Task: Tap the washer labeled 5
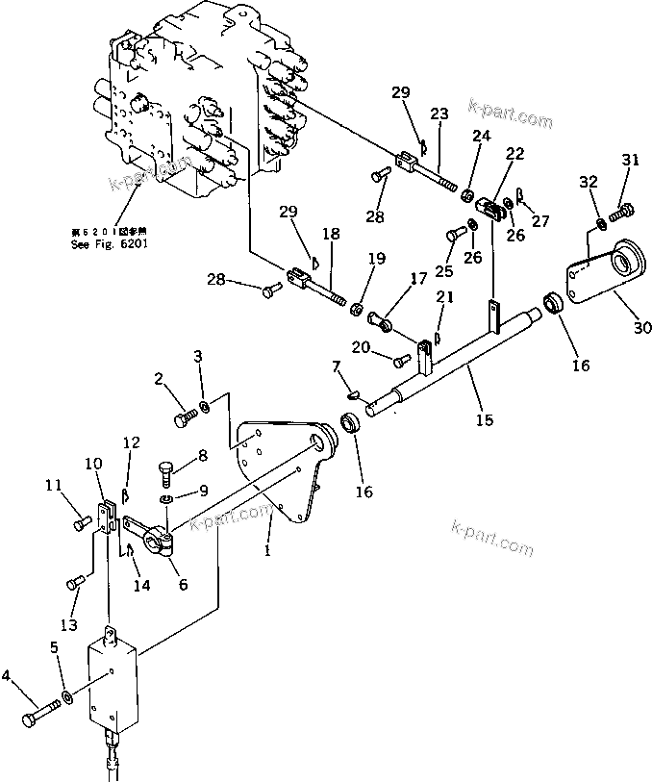click(x=64, y=695)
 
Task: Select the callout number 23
click(x=439, y=114)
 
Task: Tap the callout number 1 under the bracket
click(x=268, y=550)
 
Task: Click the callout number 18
click(x=330, y=234)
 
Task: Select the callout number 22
click(x=515, y=152)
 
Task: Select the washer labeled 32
click(x=599, y=223)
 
